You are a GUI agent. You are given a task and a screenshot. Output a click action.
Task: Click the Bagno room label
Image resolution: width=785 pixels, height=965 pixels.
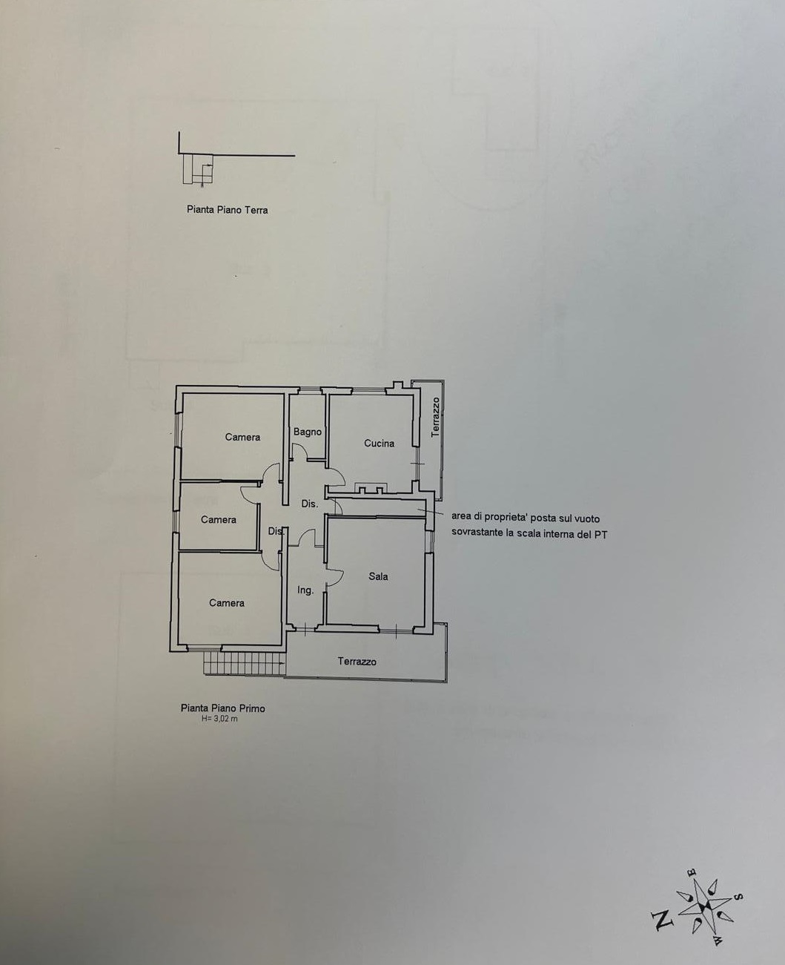coord(308,432)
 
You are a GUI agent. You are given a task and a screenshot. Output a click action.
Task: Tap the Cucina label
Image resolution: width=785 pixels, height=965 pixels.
coord(379,443)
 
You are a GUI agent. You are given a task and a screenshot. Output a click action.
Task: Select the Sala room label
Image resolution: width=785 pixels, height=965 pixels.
coord(378,576)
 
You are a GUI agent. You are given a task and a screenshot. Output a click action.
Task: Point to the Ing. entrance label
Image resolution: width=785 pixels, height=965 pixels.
coord(305,590)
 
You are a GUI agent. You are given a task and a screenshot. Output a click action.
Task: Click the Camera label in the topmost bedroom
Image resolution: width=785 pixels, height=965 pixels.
coord(242,437)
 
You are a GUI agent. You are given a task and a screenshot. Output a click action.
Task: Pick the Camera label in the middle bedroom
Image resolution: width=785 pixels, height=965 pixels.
coord(219,520)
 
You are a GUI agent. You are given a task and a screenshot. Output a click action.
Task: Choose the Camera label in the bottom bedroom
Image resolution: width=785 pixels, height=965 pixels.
coord(227,603)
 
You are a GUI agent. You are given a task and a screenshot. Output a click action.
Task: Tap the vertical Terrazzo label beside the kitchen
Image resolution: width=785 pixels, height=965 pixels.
coord(436,418)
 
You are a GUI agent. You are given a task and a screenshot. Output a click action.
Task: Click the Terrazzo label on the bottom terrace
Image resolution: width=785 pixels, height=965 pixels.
coord(357,662)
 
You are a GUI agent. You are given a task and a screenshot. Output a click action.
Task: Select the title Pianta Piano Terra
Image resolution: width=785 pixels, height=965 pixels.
coord(228,210)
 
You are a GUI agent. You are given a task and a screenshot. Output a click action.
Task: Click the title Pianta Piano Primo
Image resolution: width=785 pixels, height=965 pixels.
coord(222,708)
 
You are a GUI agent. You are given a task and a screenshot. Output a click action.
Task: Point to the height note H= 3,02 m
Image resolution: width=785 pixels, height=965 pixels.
coord(219,719)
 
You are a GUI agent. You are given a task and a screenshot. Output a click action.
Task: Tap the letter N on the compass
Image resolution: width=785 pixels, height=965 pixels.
coord(662,920)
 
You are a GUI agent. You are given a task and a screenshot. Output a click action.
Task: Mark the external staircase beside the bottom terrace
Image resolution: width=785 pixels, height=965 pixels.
coord(245,663)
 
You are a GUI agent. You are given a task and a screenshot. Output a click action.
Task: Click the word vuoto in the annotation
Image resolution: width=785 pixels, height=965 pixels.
coord(587,518)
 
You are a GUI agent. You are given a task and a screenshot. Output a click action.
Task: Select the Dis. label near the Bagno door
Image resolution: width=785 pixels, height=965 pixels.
coord(310,504)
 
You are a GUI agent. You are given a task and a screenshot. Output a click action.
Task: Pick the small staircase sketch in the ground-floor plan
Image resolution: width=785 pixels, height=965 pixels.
coord(198,169)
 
